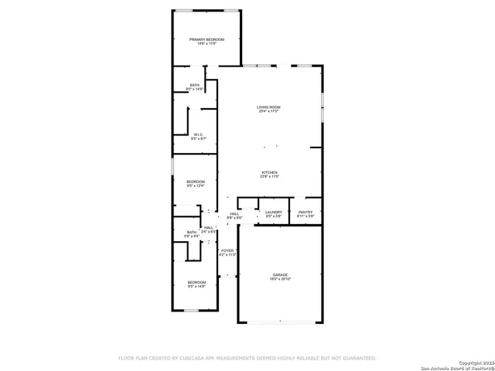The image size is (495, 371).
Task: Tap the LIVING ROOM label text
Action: click(x=268, y=107)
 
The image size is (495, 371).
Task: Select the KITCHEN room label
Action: click(x=269, y=172)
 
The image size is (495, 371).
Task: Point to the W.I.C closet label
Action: click(x=199, y=134)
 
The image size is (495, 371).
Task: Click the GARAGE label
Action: click(x=279, y=275)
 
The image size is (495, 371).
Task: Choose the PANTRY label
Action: click(x=306, y=212)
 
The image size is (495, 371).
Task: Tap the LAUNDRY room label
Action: click(x=274, y=212)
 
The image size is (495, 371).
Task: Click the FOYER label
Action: click(x=227, y=250)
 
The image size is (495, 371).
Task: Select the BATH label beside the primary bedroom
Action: click(x=194, y=85)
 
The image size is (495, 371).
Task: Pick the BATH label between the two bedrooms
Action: click(x=192, y=232)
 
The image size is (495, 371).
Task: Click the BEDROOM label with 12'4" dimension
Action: click(x=196, y=182)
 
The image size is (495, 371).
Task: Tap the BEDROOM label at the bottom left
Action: click(x=196, y=282)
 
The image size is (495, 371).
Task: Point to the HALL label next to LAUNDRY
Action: click(x=234, y=214)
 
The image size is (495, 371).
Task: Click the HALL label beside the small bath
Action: click(x=209, y=227)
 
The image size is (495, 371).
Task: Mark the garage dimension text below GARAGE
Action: click(x=279, y=280)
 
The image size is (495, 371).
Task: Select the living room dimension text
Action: click(x=268, y=112)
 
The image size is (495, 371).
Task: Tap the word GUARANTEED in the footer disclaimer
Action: click(x=357, y=358)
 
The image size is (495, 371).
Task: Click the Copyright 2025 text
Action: click(x=473, y=362)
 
